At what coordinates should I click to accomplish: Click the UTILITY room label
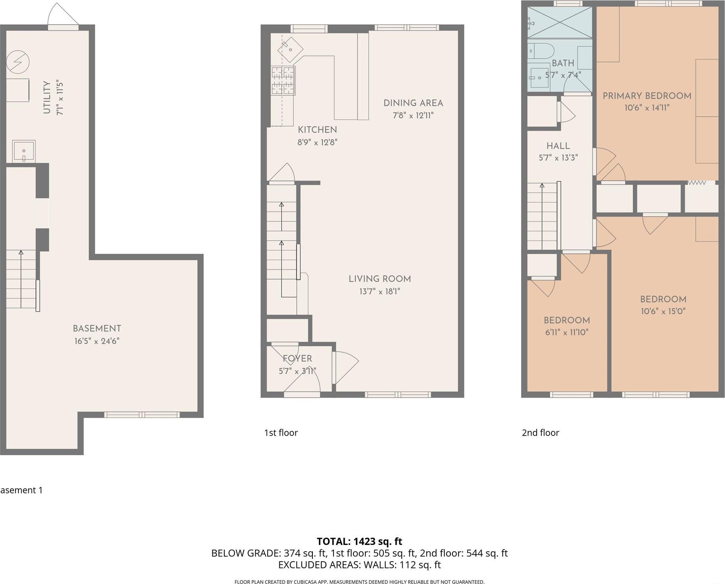[x=47, y=97]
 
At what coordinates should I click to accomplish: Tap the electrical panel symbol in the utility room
[x=18, y=62]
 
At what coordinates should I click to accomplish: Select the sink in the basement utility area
[x=24, y=151]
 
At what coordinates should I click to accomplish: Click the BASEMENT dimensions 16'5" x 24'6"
[x=97, y=341]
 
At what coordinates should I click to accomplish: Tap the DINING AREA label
[x=413, y=103]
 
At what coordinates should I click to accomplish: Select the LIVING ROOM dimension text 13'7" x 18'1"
[x=379, y=291]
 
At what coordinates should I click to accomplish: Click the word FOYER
[x=297, y=358]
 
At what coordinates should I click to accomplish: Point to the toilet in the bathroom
[x=541, y=51]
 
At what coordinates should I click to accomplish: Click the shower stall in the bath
[x=560, y=23]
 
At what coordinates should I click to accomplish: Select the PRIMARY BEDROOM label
[x=646, y=96]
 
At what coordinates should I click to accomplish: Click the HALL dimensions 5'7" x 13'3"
[x=558, y=158]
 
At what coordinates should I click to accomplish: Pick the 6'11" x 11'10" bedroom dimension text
[x=567, y=332]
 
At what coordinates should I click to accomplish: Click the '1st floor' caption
[x=281, y=433]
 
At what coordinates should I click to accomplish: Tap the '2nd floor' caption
[x=540, y=433]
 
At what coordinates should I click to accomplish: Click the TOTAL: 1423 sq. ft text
[x=359, y=541]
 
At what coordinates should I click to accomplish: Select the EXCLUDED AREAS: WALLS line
[x=359, y=565]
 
